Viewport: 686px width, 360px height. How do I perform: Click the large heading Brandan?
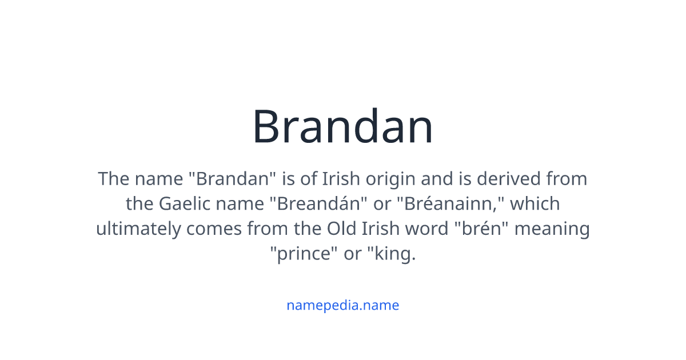(x=343, y=127)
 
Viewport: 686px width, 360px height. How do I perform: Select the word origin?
(x=390, y=179)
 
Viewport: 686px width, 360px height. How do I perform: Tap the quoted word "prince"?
(x=304, y=253)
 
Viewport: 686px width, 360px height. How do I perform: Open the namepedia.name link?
(x=343, y=305)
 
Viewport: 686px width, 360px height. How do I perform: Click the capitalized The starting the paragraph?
(x=114, y=179)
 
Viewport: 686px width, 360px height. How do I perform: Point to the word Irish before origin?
(x=341, y=179)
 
